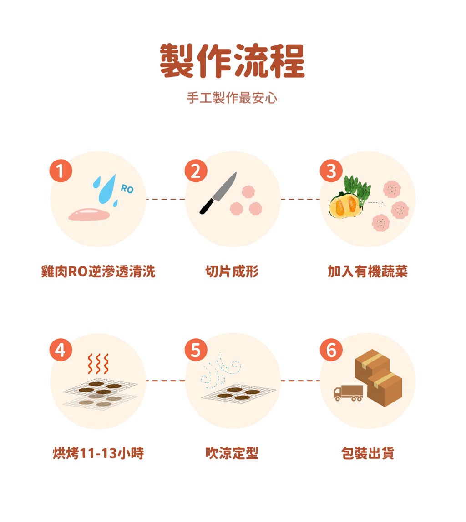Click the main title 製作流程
pyautogui.click(x=232, y=61)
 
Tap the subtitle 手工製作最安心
pyautogui.click(x=232, y=98)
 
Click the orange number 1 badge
pyautogui.click(x=61, y=171)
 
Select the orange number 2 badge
pyautogui.click(x=196, y=171)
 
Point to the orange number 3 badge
pyautogui.click(x=331, y=171)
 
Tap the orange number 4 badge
pyautogui.click(x=61, y=350)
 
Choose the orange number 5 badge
pyautogui.click(x=196, y=350)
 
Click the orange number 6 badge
pyautogui.click(x=331, y=350)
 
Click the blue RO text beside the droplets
pyautogui.click(x=127, y=189)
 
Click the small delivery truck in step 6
pyautogui.click(x=348, y=393)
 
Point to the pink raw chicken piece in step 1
pyautogui.click(x=89, y=215)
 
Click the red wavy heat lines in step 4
pyautogui.click(x=98, y=364)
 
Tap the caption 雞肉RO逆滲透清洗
pyautogui.click(x=98, y=271)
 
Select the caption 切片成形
pyautogui.click(x=232, y=271)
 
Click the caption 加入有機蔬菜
pyautogui.click(x=368, y=271)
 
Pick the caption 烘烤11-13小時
pyautogui.click(x=98, y=453)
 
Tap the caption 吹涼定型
pyautogui.click(x=232, y=453)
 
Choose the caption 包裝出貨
pyautogui.click(x=368, y=453)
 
